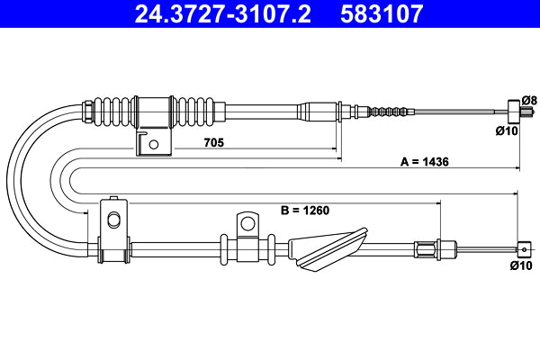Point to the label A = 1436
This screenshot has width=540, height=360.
point(425,162)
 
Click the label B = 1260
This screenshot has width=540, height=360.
point(306,211)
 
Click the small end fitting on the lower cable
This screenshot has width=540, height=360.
point(523,248)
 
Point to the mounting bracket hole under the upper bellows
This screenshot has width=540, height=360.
point(154,144)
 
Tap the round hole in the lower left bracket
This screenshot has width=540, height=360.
point(112,220)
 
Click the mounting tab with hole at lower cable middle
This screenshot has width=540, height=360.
point(245,223)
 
